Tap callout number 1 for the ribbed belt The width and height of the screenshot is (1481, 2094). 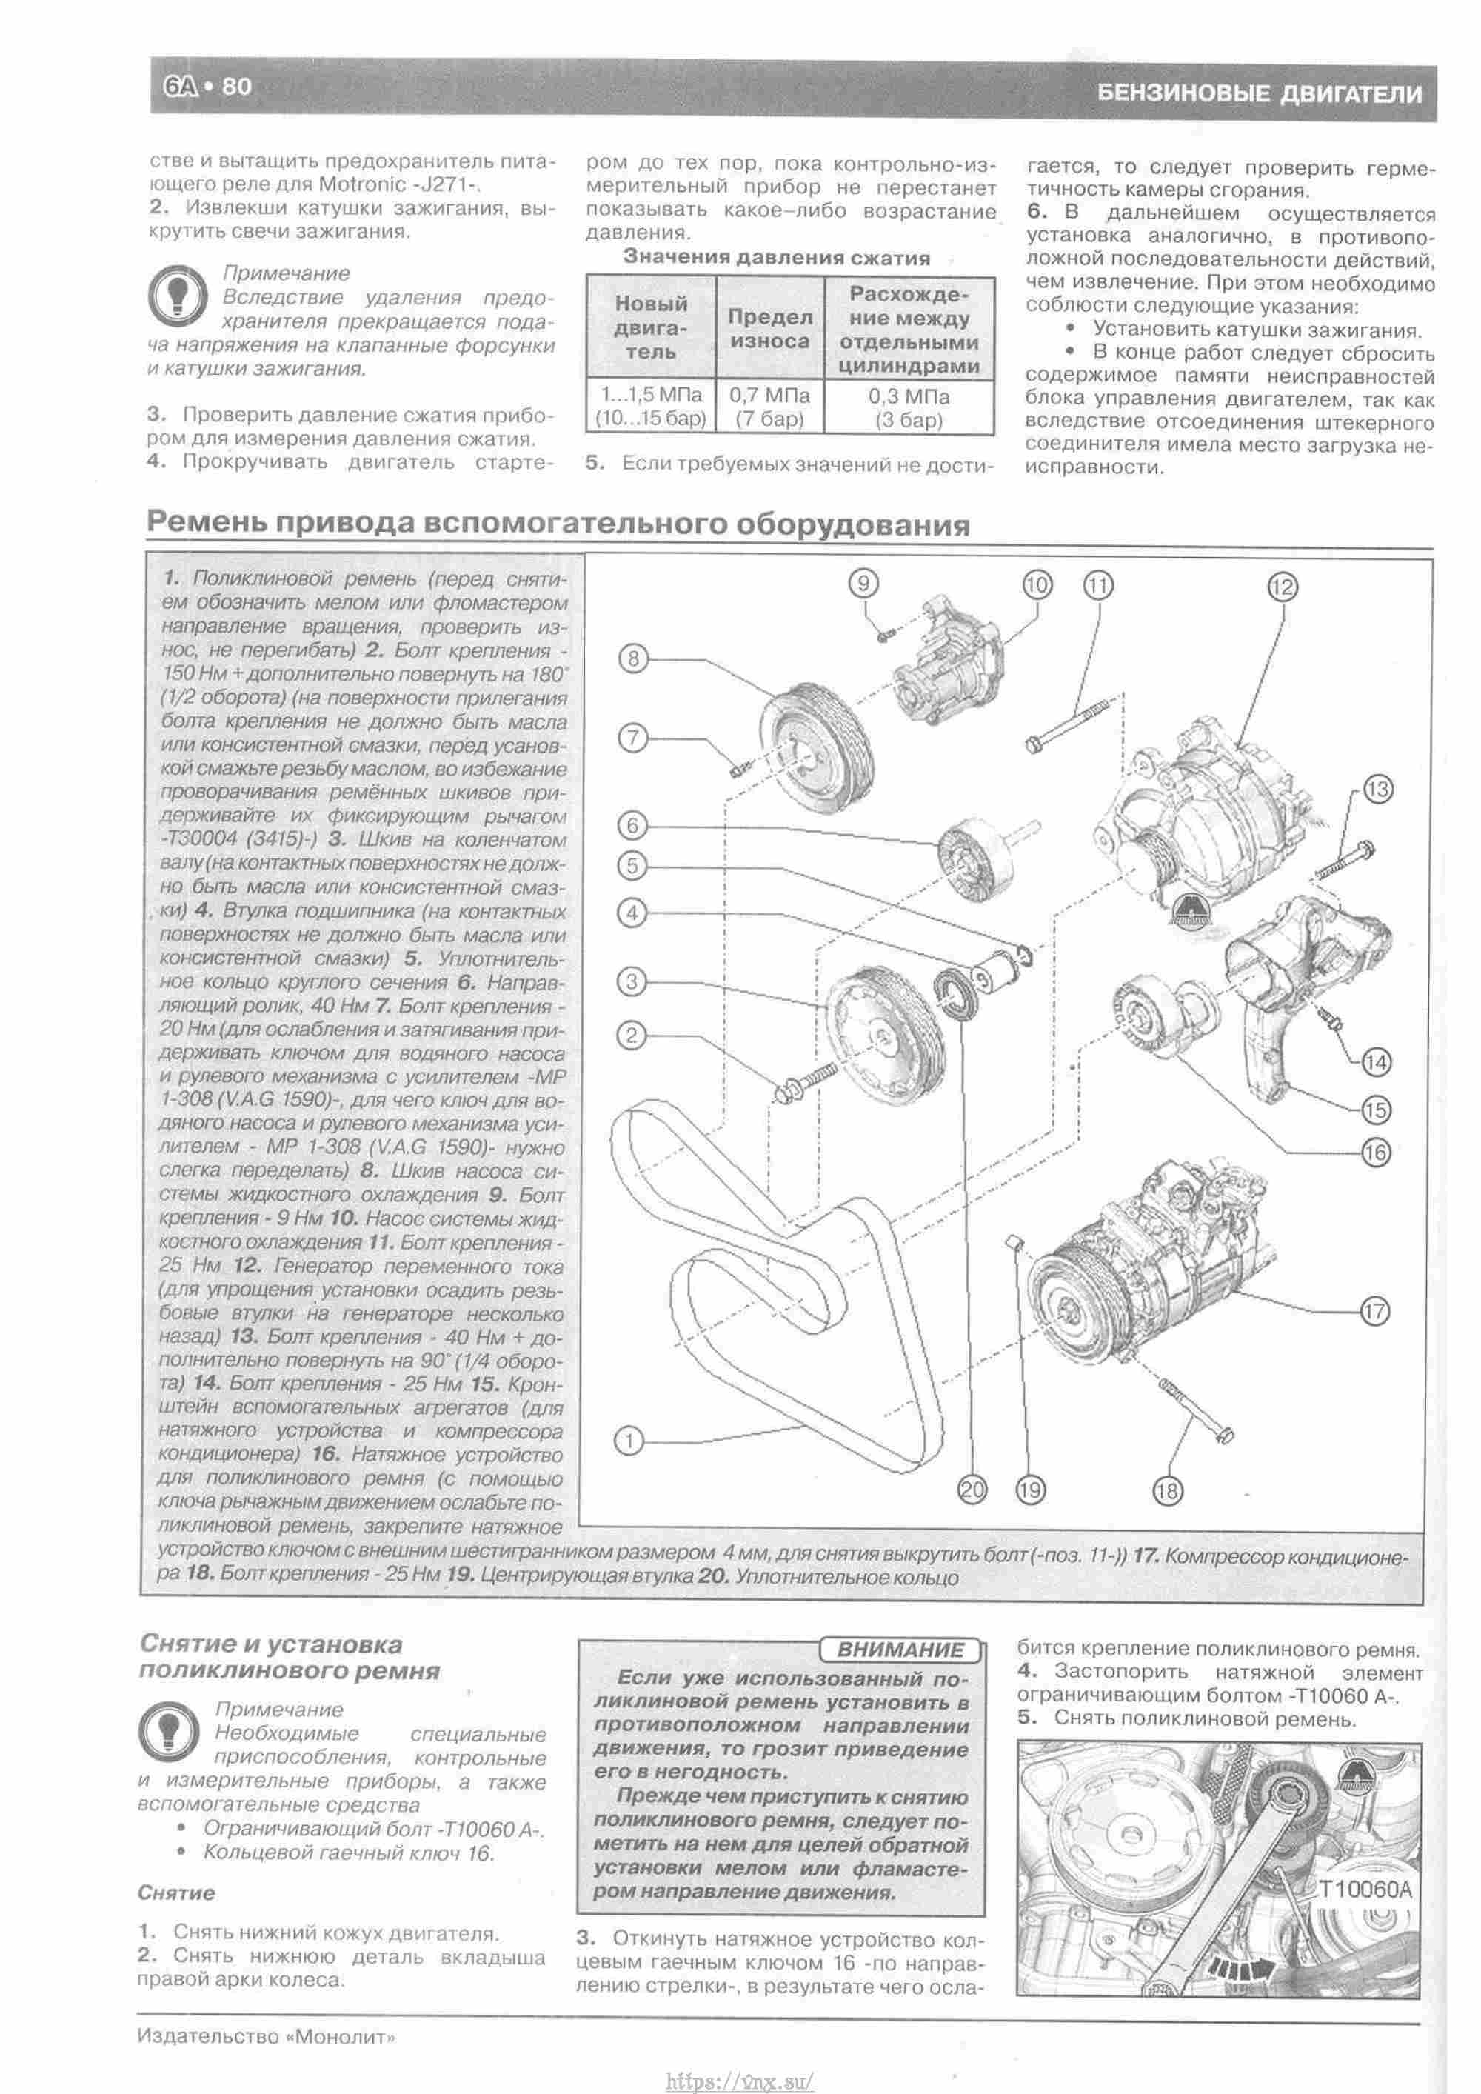629,1441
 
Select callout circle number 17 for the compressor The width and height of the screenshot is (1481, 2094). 1374,1312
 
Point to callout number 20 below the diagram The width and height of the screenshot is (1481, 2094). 972,1490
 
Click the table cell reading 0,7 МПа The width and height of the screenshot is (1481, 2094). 769,407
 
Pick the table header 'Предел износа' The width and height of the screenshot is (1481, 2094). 769,328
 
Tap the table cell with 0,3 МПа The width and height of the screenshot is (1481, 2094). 909,407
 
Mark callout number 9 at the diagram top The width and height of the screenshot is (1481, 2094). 864,582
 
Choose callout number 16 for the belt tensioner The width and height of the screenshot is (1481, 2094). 1374,1153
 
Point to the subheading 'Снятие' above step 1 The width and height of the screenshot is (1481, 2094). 176,1893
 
